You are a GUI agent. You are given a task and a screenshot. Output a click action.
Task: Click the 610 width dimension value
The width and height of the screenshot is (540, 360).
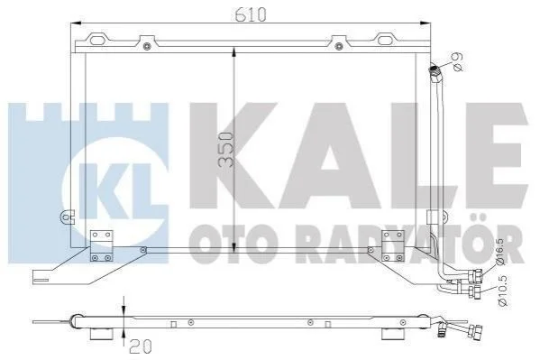pyautogui.click(x=251, y=14)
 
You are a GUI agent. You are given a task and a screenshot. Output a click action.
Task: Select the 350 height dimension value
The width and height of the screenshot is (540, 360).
pyautogui.click(x=227, y=149)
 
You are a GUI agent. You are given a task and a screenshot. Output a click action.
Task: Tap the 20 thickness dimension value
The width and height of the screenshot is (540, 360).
pyautogui.click(x=140, y=346)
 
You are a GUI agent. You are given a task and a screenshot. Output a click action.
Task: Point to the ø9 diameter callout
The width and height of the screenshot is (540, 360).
pyautogui.click(x=457, y=61)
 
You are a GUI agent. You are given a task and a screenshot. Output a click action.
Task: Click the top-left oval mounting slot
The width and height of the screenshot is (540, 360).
pyautogui.click(x=97, y=40)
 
